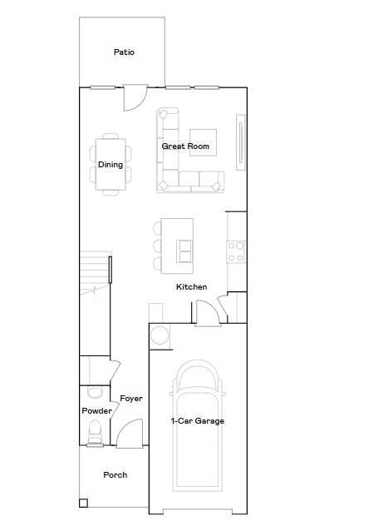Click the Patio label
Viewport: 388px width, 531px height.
click(124, 52)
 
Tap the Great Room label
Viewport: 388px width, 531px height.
click(185, 146)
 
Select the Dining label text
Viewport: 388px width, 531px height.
click(111, 165)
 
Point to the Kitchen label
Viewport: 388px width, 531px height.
click(191, 287)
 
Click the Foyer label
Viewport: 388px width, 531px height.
click(131, 399)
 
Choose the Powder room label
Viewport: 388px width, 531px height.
click(96, 412)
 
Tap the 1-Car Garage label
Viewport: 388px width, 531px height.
click(198, 421)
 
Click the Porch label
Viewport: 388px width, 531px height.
click(115, 475)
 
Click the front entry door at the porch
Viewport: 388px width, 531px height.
click(130, 434)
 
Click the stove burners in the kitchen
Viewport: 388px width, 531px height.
click(236, 251)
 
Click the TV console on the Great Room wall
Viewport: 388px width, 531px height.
click(241, 143)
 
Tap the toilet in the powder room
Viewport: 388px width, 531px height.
click(95, 431)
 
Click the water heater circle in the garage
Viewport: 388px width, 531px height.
click(159, 336)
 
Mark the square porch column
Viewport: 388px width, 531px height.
click(83, 503)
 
